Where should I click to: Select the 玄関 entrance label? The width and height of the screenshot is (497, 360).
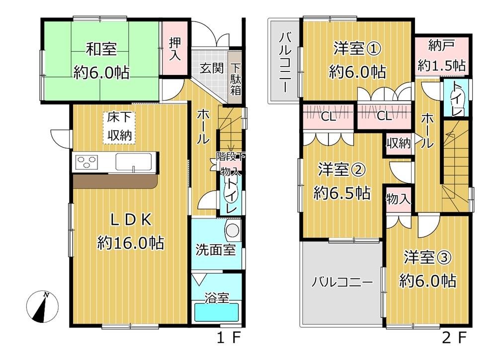tap(211, 68)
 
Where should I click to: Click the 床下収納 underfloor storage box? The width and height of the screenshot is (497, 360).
tap(121, 127)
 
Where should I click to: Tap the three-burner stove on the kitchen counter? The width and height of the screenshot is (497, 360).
tap(86, 162)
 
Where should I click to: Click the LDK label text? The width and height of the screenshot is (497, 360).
tap(130, 220)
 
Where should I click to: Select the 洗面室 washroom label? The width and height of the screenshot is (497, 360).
tap(215, 249)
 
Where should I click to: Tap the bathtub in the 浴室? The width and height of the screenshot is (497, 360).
tap(216, 313)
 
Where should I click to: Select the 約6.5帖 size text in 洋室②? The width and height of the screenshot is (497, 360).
tap(341, 193)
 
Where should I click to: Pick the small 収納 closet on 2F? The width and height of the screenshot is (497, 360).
tap(399, 144)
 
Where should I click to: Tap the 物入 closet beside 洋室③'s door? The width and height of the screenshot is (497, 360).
tap(398, 200)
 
